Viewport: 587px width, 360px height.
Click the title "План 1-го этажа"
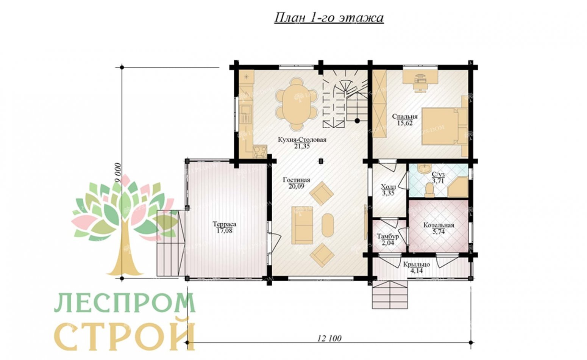coord(328,18)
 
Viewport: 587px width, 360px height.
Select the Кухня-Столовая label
coord(302,140)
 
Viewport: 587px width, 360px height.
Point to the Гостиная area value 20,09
coord(297,186)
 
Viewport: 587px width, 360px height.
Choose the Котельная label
coord(438,225)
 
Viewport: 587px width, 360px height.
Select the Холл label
coord(388,187)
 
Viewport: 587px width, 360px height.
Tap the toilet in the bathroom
coord(430,190)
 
